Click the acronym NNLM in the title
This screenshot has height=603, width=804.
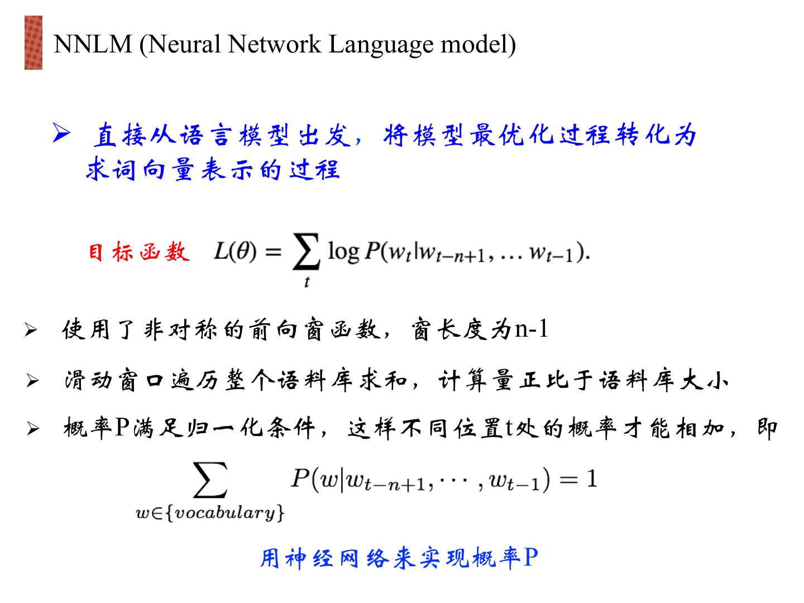pyautogui.click(x=92, y=44)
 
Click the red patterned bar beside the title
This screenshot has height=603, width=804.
pyautogui.click(x=33, y=43)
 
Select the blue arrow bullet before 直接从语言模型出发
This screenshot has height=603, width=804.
pyautogui.click(x=61, y=133)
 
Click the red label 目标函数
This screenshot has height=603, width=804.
pyautogui.click(x=138, y=252)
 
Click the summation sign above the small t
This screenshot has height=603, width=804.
pyautogui.click(x=307, y=253)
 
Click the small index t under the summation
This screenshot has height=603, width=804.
pyautogui.click(x=307, y=283)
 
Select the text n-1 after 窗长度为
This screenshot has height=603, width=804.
pyautogui.click(x=531, y=329)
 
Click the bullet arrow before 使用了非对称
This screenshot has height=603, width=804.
pyautogui.click(x=31, y=331)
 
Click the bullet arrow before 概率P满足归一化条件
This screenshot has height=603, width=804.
pyautogui.click(x=33, y=429)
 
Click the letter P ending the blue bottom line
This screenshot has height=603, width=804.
pyautogui.click(x=530, y=557)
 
